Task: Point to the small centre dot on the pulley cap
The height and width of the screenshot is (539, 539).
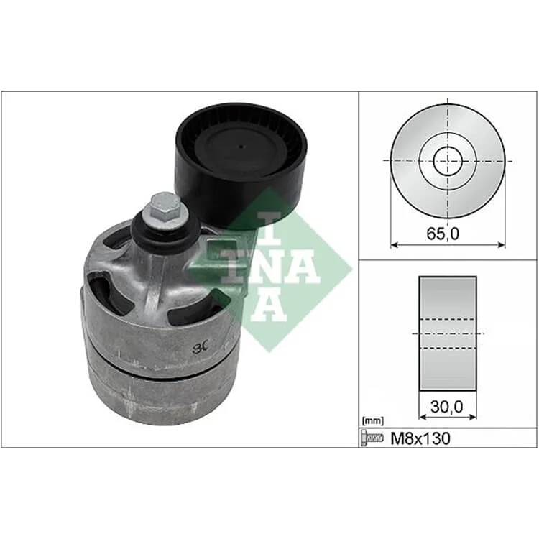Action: (241, 147)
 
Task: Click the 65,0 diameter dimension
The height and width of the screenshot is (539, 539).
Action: (443, 234)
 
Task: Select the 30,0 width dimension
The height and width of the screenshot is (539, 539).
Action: (447, 407)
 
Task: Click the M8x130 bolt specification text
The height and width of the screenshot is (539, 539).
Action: (420, 438)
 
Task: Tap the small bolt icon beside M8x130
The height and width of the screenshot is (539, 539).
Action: (372, 438)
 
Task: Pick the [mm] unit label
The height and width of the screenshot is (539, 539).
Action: (372, 420)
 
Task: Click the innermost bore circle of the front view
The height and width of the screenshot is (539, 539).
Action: (448, 161)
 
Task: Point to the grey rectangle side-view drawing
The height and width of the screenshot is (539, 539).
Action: (448, 333)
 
